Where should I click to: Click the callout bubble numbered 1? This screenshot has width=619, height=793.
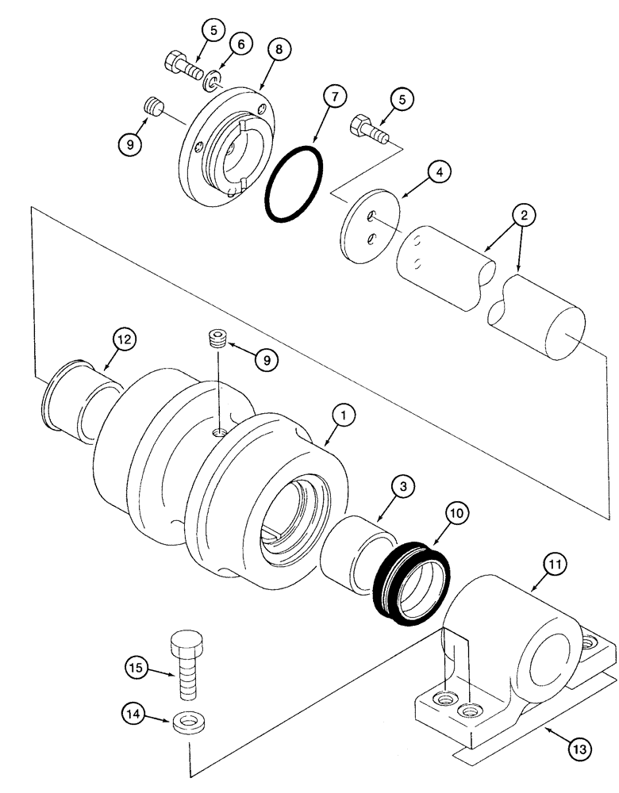click(x=344, y=415)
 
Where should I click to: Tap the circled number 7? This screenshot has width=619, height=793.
click(x=334, y=97)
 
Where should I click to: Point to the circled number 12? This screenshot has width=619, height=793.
click(x=124, y=339)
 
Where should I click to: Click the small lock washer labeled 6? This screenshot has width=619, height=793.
click(x=212, y=82)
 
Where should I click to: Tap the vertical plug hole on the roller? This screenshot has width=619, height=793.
click(x=220, y=432)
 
